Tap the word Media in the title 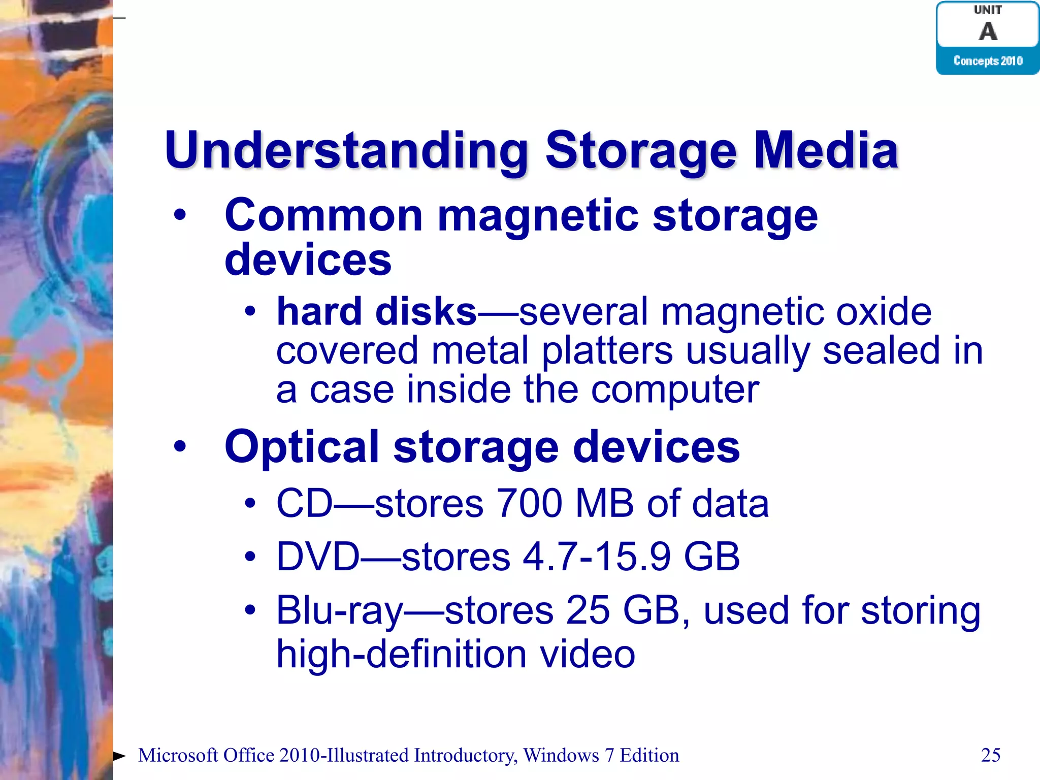(826, 150)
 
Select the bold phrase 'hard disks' (376, 311)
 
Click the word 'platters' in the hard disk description (607, 351)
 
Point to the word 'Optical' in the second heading (302, 447)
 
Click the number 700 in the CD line (530, 503)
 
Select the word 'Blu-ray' (339, 611)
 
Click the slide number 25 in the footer (991, 755)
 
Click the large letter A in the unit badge (988, 31)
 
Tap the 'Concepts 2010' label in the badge (988, 61)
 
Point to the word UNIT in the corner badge (988, 10)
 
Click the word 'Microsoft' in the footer (178, 756)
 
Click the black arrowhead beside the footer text (119, 756)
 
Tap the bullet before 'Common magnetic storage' (180, 215)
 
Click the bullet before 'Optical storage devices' (180, 446)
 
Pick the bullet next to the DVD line (249, 557)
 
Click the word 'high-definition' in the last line (401, 654)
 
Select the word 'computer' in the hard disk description (675, 390)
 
